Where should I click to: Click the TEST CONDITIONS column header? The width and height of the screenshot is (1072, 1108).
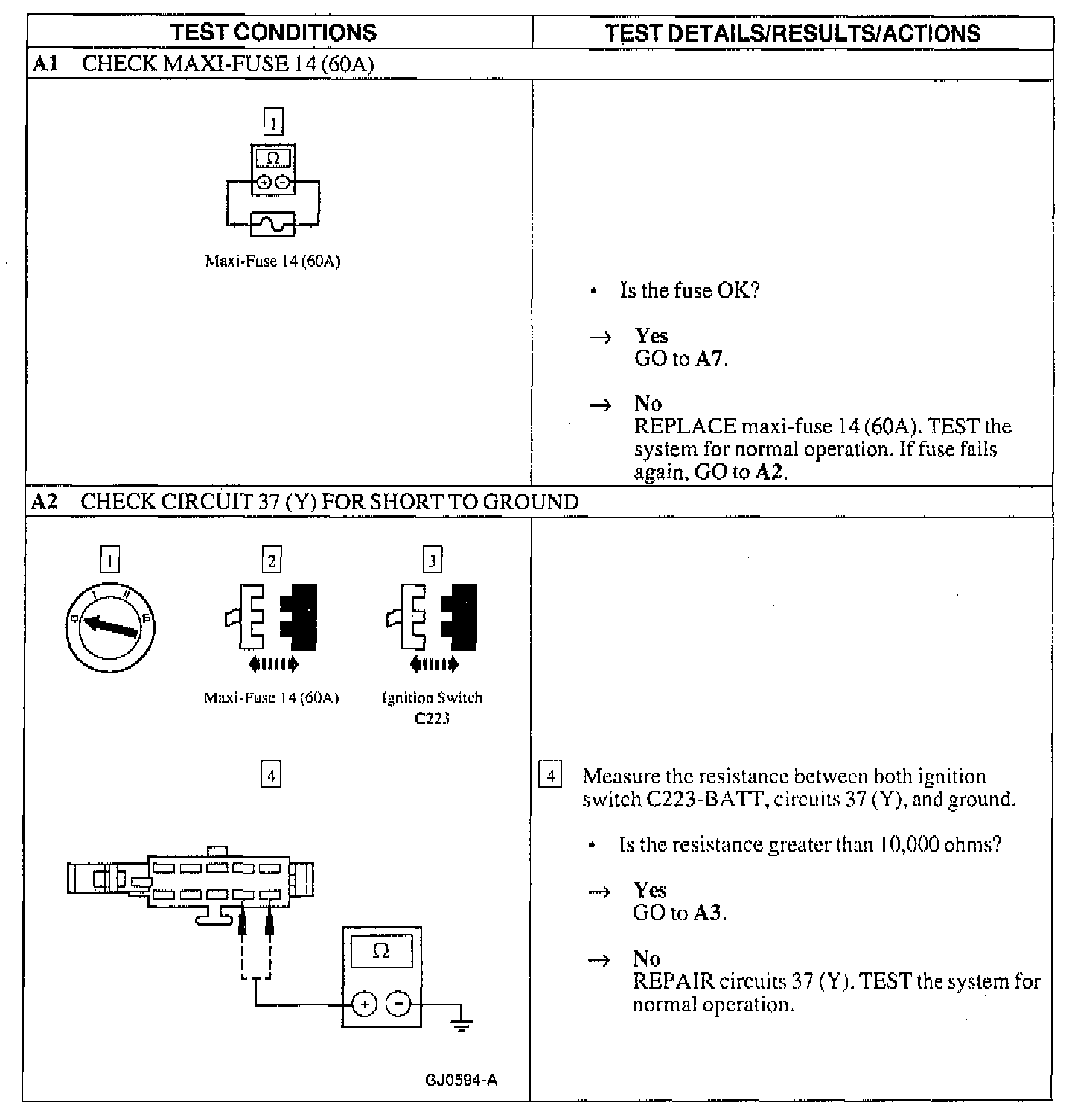point(273,33)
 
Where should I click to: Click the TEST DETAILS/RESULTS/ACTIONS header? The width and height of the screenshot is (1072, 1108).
point(792,33)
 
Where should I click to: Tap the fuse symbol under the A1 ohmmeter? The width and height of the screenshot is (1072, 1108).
point(273,223)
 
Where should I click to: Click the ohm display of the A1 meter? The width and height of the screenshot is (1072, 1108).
point(273,159)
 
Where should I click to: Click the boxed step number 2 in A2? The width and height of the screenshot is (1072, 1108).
point(272,560)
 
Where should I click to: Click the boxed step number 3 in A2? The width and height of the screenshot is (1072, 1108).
point(433,560)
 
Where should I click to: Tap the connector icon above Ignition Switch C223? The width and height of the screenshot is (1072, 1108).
point(433,617)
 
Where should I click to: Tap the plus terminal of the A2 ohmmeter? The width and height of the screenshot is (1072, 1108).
point(364,1004)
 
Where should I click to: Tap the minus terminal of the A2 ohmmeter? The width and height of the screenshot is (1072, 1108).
point(400,1004)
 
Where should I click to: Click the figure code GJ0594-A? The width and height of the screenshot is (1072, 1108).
point(461,1080)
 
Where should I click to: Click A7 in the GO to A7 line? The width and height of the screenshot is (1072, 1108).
point(709,360)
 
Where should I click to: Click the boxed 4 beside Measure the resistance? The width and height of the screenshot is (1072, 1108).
point(550,776)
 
